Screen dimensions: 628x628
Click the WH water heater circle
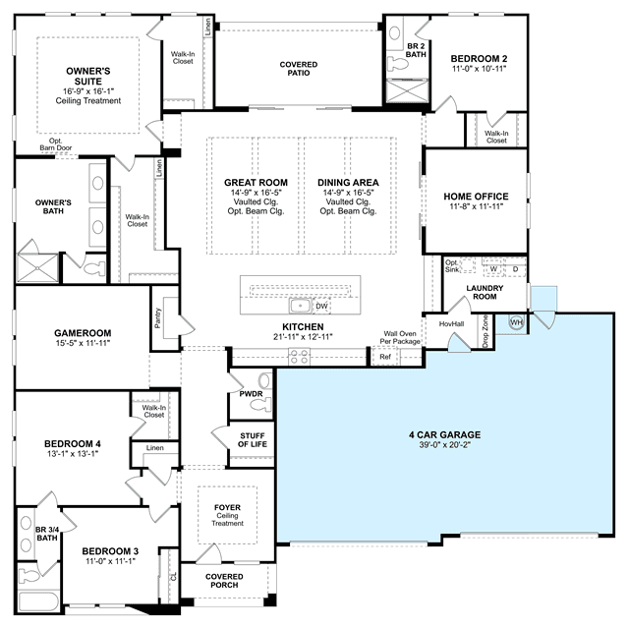click(516, 321)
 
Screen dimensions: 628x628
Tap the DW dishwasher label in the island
click(321, 307)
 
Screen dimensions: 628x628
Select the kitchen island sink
click(300, 306)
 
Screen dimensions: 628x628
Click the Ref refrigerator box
click(385, 357)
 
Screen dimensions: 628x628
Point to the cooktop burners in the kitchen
click(300, 357)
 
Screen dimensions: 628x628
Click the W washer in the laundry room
click(493, 268)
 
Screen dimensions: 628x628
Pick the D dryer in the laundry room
click(515, 268)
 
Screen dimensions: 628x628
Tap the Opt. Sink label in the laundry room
click(452, 266)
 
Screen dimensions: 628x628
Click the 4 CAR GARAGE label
click(444, 434)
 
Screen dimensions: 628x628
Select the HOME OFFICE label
click(476, 197)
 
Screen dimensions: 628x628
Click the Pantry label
click(158, 318)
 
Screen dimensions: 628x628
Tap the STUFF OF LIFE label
click(253, 439)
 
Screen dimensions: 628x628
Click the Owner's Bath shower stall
click(37, 268)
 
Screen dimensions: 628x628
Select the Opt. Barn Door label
click(56, 144)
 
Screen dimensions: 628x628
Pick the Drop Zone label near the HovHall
click(485, 331)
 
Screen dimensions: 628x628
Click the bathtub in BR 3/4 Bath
click(38, 601)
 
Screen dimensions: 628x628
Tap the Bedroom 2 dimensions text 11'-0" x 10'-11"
click(479, 69)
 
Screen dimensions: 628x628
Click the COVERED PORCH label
click(224, 581)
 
